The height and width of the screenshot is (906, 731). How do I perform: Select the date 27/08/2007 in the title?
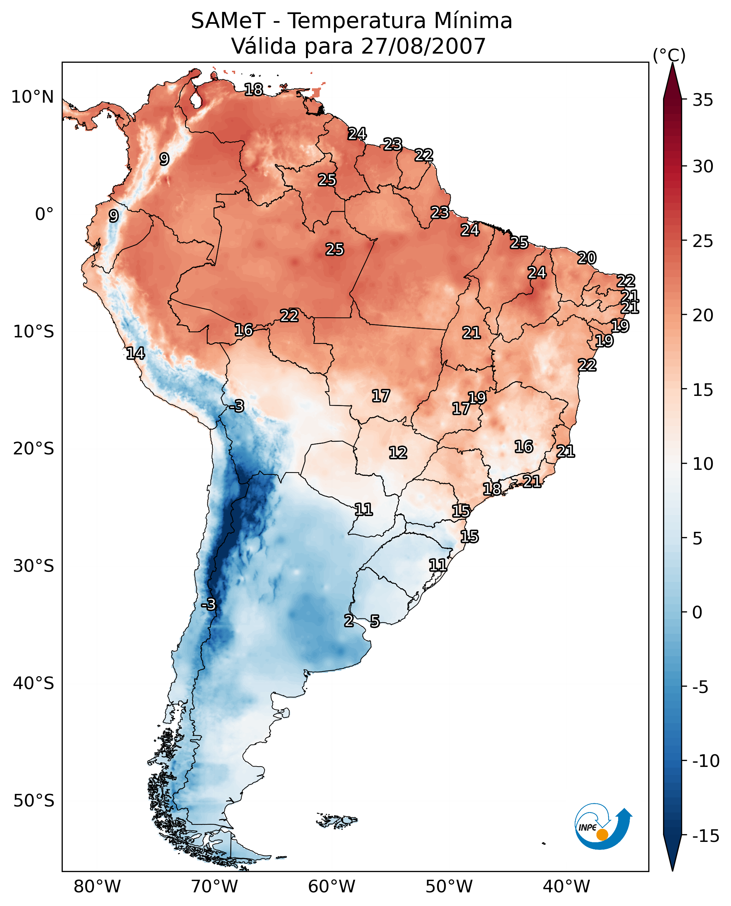[423, 46]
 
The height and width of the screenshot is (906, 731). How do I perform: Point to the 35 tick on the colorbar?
[703, 100]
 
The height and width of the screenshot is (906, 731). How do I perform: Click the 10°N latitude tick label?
[33, 97]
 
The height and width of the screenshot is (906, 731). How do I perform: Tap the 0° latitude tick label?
[44, 214]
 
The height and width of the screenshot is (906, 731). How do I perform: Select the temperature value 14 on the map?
[136, 353]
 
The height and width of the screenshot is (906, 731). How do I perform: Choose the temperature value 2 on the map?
[349, 620]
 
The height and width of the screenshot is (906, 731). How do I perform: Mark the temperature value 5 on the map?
[375, 622]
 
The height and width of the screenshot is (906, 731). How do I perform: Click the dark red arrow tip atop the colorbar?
[672, 76]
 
